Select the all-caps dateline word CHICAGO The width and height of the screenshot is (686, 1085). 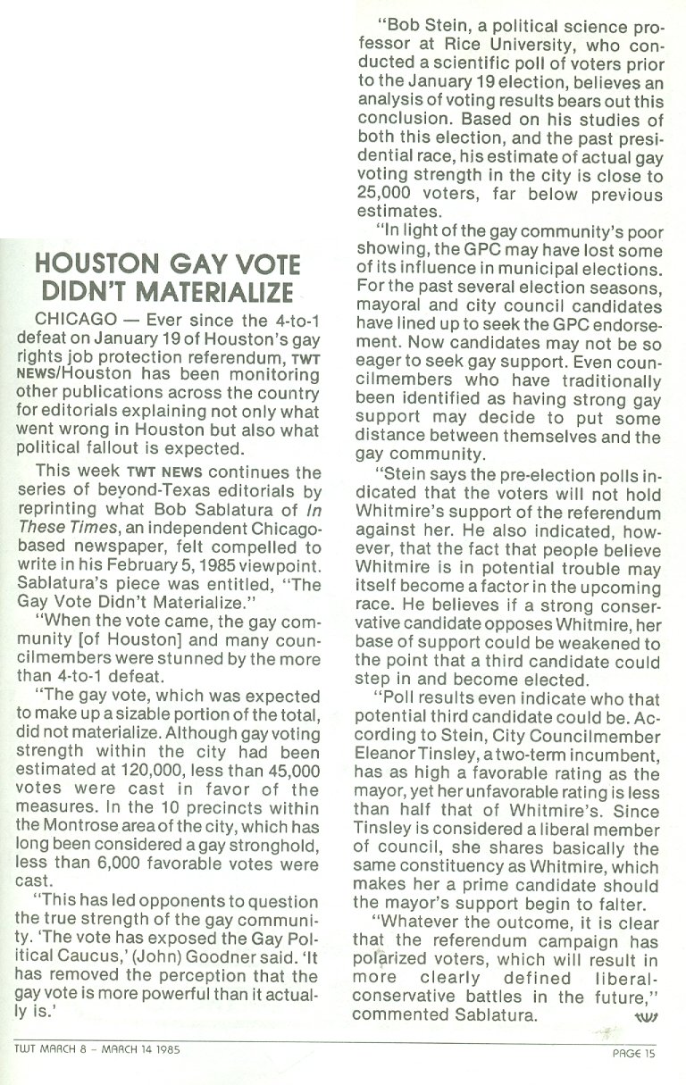[x=70, y=320]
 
